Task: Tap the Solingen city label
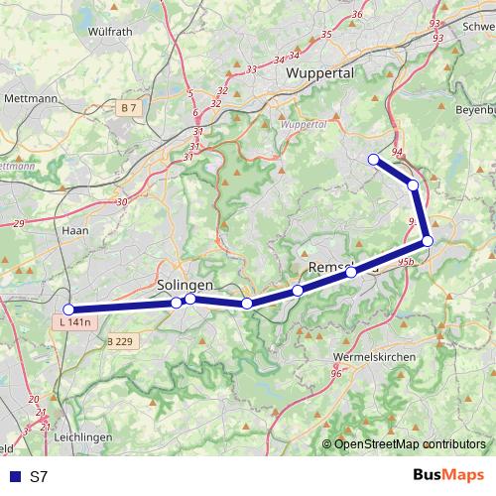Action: pyautogui.click(x=186, y=284)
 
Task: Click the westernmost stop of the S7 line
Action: pyautogui.click(x=68, y=310)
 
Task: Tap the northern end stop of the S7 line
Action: pyautogui.click(x=374, y=160)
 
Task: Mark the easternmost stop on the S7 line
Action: pyautogui.click(x=428, y=240)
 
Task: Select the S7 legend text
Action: pyautogui.click(x=39, y=476)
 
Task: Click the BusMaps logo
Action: pyautogui.click(x=447, y=476)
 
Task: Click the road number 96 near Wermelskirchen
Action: pyautogui.click(x=336, y=373)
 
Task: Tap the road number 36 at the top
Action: pyautogui.click(x=358, y=15)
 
